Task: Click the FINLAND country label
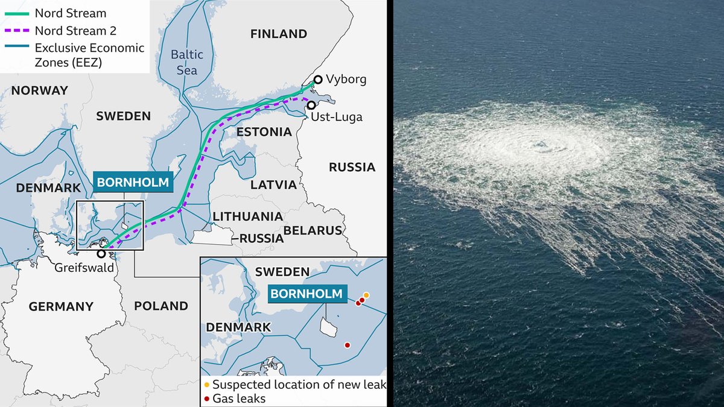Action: click(279, 34)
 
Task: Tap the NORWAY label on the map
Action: click(40, 90)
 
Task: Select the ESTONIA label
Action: click(260, 131)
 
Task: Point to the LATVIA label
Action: click(273, 185)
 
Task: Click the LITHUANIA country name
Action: click(247, 216)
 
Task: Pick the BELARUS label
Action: click(313, 230)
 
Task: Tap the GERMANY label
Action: click(61, 306)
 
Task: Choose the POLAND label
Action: click(161, 306)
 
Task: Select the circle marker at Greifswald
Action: click(101, 253)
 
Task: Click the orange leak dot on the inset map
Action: click(366, 295)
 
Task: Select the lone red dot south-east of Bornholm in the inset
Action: click(347, 345)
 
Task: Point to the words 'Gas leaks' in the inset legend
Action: click(240, 399)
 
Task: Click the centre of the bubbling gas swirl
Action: click(539, 145)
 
